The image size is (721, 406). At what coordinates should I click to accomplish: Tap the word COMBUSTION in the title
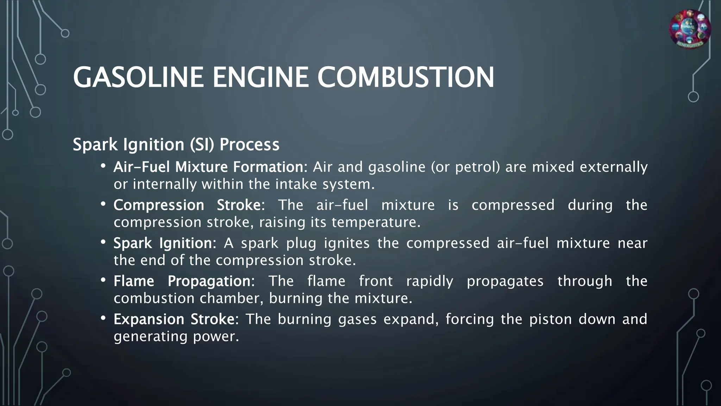click(406, 78)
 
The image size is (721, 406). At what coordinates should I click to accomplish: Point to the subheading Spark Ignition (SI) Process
click(176, 144)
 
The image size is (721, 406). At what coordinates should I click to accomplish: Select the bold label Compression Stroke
click(189, 205)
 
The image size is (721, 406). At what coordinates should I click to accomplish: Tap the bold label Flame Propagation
click(183, 281)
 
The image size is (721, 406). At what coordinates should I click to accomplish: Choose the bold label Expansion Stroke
click(176, 319)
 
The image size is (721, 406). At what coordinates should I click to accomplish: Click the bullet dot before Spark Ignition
click(103, 242)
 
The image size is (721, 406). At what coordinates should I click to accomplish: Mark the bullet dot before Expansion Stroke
click(103, 318)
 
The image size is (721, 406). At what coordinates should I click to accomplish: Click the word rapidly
click(430, 281)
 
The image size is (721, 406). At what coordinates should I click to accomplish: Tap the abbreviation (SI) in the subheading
click(202, 144)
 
